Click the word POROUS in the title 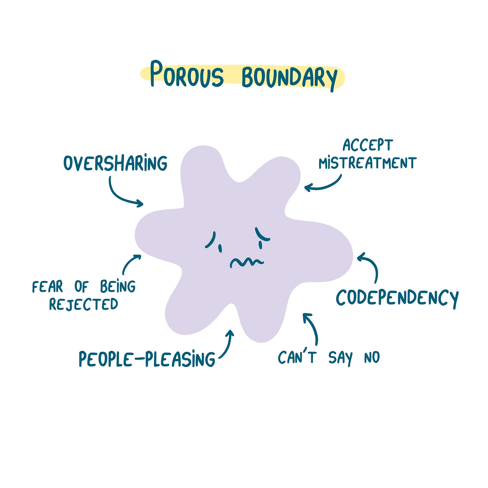(186, 74)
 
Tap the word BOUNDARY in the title (289, 77)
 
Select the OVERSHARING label (115, 163)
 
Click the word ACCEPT (368, 145)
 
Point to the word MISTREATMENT (367, 163)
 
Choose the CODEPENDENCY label (397, 298)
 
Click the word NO (372, 358)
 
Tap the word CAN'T (297, 357)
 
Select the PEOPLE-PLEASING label (147, 359)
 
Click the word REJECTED (83, 304)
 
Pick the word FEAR (48, 287)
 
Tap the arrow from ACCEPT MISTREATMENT (324, 185)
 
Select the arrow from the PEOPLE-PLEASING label (227, 345)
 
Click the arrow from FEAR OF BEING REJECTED (130, 262)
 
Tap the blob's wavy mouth (247, 262)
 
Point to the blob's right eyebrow (261, 234)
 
